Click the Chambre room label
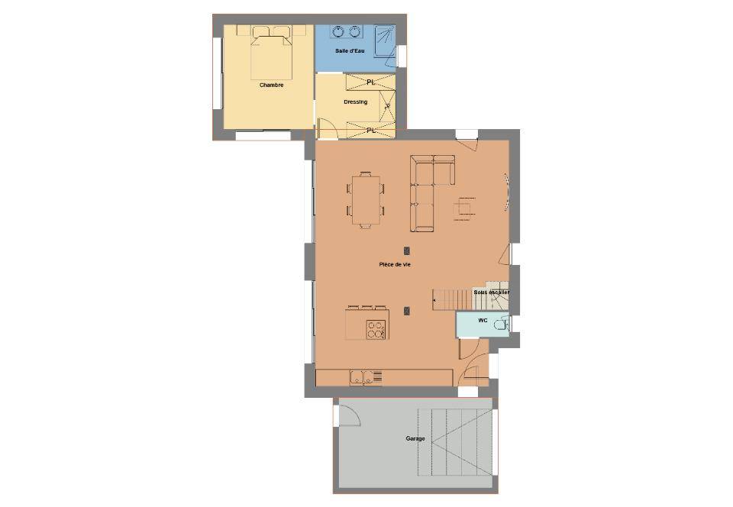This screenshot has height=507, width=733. point(271,86)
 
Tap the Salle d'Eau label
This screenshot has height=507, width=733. point(350,50)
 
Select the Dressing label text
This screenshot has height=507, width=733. point(355,102)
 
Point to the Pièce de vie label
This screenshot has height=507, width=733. point(395,264)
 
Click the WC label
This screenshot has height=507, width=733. point(483,321)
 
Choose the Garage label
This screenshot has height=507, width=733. point(415,439)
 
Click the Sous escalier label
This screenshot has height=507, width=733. point(491,292)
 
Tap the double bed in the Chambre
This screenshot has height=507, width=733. point(271,53)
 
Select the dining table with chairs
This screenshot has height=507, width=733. point(366,199)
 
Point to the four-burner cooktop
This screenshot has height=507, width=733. point(376,329)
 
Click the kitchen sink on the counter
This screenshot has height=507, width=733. point(361,377)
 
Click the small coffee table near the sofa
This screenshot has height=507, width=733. point(464,208)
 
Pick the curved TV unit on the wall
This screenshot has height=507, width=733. point(506,192)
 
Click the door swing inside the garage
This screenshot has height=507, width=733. point(348,415)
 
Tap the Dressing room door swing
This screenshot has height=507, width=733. point(325,128)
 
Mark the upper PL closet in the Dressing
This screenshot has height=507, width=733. point(370,82)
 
